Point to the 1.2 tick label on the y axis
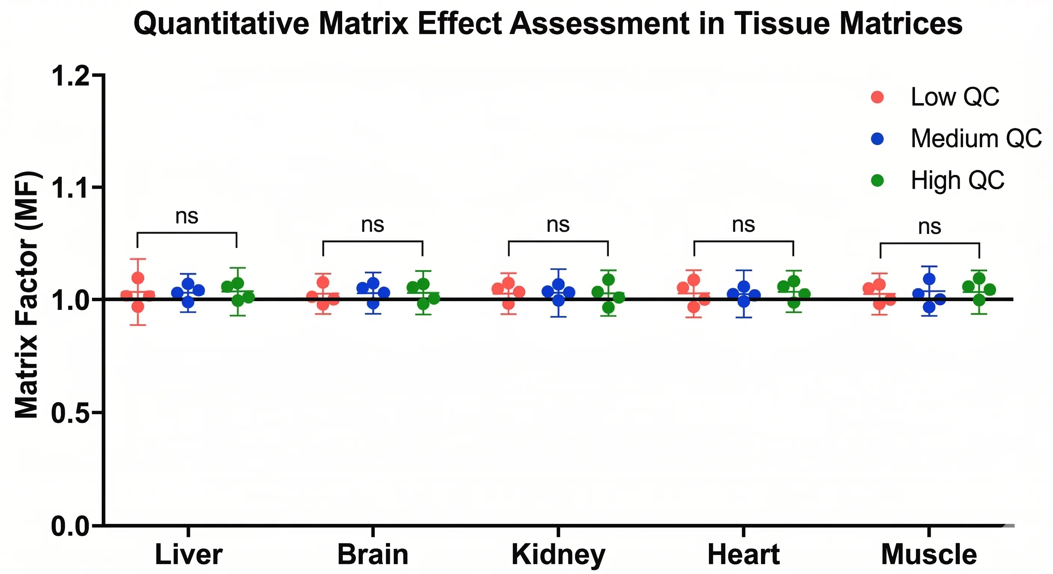coord(70,76)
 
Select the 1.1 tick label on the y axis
coord(70,188)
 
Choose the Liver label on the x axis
coord(188,555)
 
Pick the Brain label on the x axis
coord(373,555)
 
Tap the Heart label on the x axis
coord(743,555)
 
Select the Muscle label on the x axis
coord(929,555)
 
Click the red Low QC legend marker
coord(877,97)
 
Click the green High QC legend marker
coord(877,180)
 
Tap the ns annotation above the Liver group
coord(187,216)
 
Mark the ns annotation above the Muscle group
coord(930,227)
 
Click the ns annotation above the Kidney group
coord(558,225)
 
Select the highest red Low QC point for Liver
coord(138,278)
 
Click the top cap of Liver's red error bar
coord(138,259)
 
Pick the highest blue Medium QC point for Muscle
coord(929,279)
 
